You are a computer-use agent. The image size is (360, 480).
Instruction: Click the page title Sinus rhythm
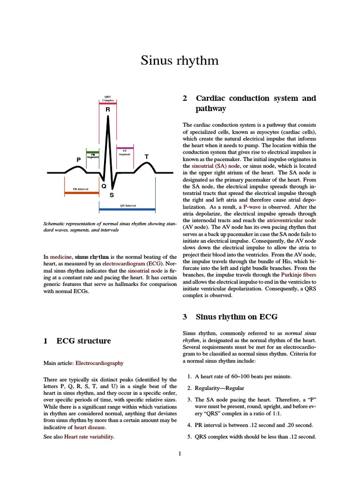point(180,60)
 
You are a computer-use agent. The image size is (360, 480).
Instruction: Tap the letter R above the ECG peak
point(108,109)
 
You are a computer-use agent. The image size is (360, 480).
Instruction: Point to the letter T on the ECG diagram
point(147,156)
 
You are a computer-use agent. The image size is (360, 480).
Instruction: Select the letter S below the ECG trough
point(112,195)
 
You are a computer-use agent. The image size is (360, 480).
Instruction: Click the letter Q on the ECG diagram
point(104,186)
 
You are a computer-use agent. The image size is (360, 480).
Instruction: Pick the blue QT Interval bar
point(127,209)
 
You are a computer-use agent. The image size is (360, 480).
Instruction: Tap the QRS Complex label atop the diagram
point(108,98)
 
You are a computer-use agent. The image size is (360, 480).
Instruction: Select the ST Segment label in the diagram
point(124,152)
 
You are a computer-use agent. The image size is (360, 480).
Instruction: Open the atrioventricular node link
point(292,220)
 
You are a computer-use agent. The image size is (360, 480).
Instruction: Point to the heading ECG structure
point(83,341)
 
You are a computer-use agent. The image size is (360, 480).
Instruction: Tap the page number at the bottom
point(180,453)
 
